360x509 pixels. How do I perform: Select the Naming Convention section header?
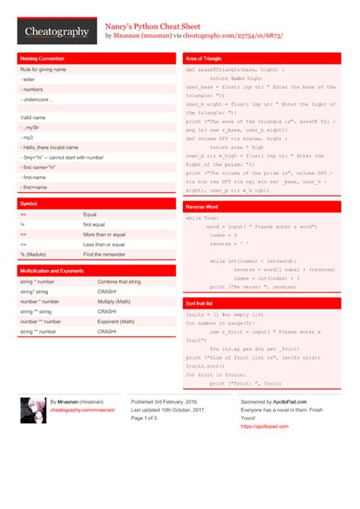tap(42, 58)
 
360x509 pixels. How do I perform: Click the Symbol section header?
tap(28, 204)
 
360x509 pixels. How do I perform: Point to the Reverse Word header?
tap(203, 207)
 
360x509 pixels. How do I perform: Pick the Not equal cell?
tap(94, 225)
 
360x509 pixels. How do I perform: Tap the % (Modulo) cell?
tap(34, 254)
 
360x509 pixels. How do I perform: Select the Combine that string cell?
tap(119, 282)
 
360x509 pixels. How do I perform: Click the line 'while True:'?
tap(203, 218)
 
